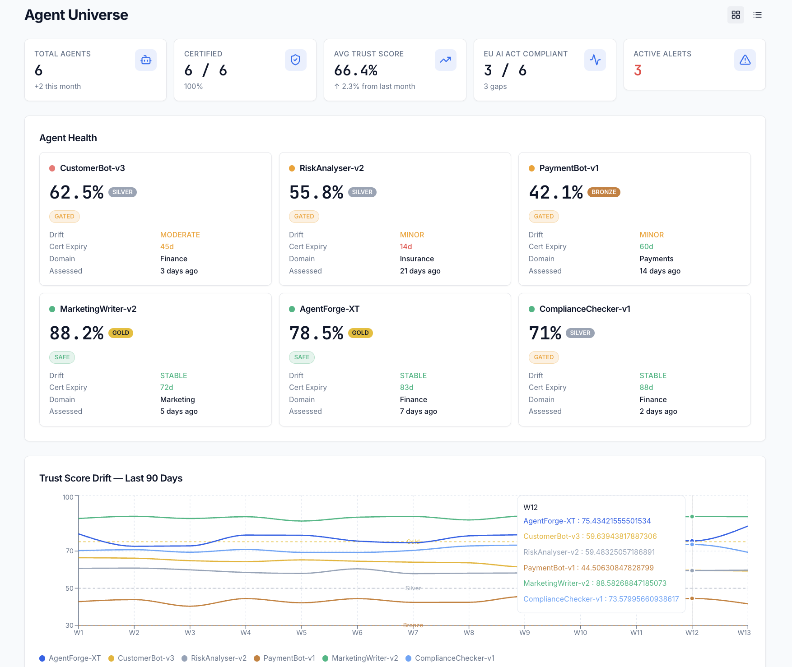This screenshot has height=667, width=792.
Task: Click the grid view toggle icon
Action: point(736,15)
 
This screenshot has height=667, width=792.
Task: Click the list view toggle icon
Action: point(757,15)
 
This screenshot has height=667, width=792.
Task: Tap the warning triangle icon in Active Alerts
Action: point(745,60)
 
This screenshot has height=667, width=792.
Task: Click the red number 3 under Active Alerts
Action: point(638,70)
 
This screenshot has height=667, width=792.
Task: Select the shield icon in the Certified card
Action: point(295,60)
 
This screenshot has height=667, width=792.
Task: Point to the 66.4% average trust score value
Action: point(356,70)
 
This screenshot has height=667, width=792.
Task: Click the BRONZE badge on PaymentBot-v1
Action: point(604,192)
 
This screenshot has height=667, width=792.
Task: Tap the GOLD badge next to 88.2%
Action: point(121,333)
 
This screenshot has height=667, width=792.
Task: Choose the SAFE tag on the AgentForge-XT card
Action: point(302,357)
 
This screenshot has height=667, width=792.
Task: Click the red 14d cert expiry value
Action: point(406,246)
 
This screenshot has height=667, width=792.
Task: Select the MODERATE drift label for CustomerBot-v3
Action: point(180,235)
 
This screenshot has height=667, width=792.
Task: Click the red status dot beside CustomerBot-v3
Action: point(52,168)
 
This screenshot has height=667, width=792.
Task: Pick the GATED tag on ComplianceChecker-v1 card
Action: point(544,357)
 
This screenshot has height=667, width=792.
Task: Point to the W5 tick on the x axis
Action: point(301,632)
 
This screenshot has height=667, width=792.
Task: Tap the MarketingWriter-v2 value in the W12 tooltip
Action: point(595,583)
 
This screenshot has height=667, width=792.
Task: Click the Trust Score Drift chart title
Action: point(111,478)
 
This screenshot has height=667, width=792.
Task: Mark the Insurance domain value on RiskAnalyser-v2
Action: point(417,259)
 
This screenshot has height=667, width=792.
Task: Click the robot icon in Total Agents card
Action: point(145,60)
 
